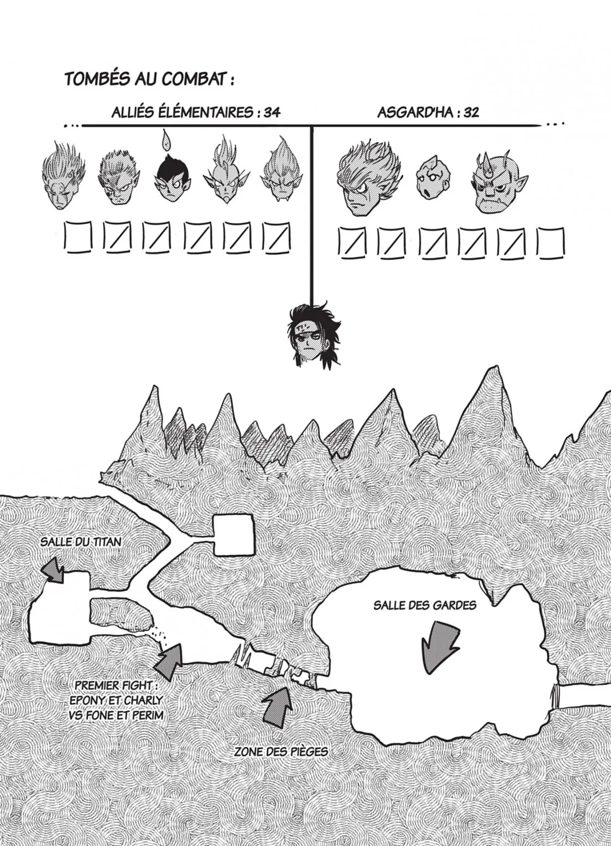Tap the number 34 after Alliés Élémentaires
coord(272,113)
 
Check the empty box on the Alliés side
coord(78,237)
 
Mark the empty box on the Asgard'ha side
coord(551,243)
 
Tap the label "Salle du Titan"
coord(81,541)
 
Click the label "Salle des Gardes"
coord(425,605)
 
